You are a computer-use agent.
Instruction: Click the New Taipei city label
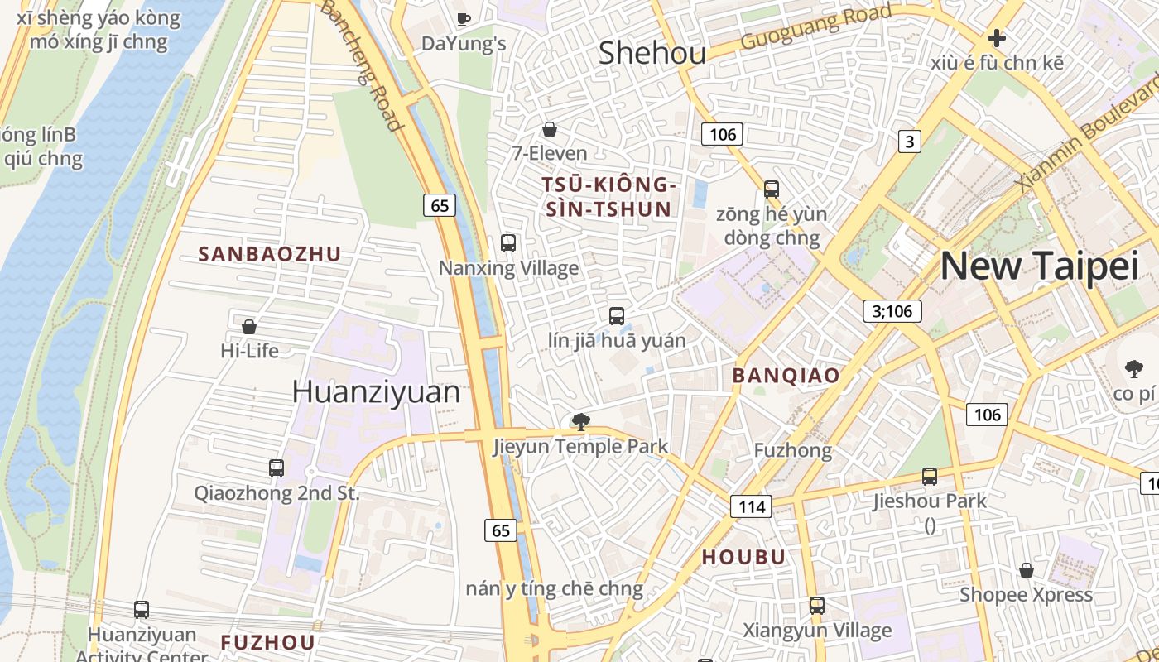tap(1039, 266)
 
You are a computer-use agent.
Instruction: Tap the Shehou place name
tap(652, 53)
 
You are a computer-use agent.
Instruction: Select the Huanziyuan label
tap(375, 391)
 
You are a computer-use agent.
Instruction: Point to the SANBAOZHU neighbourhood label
tap(269, 254)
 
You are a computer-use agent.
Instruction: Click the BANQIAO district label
tap(786, 375)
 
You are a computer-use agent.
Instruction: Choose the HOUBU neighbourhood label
tap(743, 557)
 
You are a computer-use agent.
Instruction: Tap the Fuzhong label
tap(792, 450)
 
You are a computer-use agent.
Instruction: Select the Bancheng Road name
tap(362, 65)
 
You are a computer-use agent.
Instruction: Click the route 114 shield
tap(751, 506)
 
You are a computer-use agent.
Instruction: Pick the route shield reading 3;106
tap(892, 310)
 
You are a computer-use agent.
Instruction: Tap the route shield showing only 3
tap(909, 142)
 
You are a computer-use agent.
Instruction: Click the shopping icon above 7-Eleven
tap(549, 129)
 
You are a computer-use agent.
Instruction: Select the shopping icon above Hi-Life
tap(248, 326)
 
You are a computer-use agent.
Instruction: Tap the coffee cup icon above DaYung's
tap(464, 18)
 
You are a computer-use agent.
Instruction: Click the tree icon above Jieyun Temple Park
tap(580, 422)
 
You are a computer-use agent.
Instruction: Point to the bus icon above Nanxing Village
tap(508, 243)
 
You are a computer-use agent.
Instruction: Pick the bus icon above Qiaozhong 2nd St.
tap(277, 468)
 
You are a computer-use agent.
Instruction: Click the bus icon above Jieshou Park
tap(930, 477)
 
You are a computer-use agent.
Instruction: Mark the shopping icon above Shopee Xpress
tap(1026, 570)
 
